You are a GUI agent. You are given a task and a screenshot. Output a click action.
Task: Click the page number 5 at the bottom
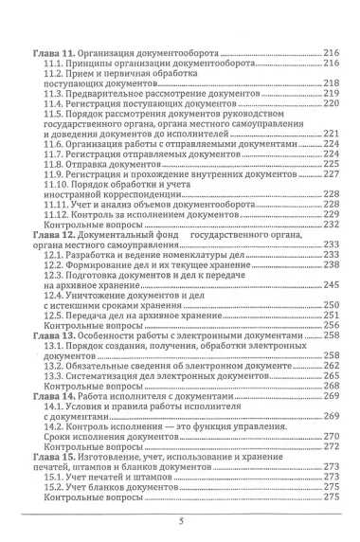pos(180,520)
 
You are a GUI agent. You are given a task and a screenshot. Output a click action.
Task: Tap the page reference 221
pos(330,134)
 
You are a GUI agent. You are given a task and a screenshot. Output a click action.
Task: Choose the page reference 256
pos(330,325)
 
